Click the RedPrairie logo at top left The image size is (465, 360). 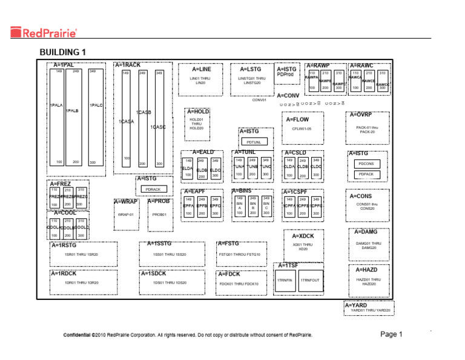click(x=45, y=32)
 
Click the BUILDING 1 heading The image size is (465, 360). click(x=63, y=52)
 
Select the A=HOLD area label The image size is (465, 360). click(x=198, y=112)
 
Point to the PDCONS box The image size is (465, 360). click(x=366, y=163)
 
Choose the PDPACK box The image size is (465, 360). click(x=366, y=175)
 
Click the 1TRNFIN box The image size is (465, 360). click(x=285, y=281)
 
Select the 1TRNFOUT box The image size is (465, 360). click(x=310, y=281)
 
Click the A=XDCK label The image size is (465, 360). click(x=303, y=236)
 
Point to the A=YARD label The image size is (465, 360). click(x=356, y=305)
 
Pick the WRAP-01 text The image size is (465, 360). click(x=125, y=215)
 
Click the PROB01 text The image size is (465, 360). click(x=159, y=215)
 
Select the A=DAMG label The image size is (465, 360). click(x=366, y=232)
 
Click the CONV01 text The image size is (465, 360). click(x=260, y=100)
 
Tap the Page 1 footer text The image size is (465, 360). click(x=391, y=334)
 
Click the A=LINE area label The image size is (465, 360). click(x=202, y=70)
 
